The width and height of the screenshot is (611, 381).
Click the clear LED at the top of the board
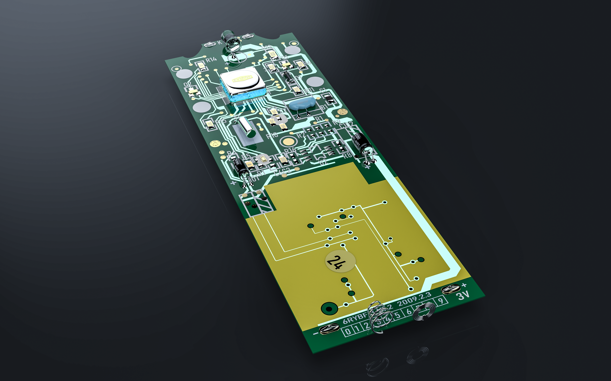(231, 42)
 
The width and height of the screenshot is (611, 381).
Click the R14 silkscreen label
(211, 59)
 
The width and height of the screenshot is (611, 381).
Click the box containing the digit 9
(440, 300)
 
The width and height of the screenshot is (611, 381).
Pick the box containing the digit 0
(348, 331)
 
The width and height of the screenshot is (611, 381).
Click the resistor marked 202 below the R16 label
(284, 160)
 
